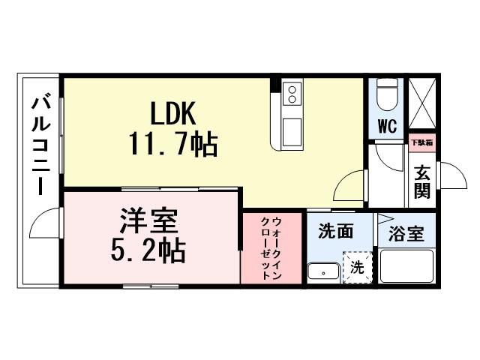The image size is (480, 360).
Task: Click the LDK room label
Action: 172,114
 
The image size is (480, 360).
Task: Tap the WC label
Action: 386,125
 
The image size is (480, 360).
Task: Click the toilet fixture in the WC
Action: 385,94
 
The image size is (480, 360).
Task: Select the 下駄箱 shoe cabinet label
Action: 421,141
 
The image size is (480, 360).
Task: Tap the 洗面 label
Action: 335,232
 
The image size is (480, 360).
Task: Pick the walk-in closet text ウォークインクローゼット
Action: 271,248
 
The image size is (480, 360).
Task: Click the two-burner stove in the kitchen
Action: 292,94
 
